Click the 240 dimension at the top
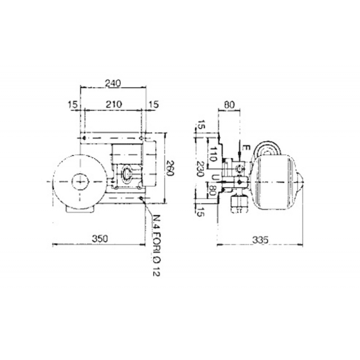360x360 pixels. pyautogui.click(x=113, y=83)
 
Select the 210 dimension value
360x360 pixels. pyautogui.click(x=113, y=104)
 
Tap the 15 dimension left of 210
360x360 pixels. pyautogui.click(x=72, y=104)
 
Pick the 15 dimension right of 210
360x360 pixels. pyautogui.click(x=153, y=104)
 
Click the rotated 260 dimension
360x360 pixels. pyautogui.click(x=170, y=168)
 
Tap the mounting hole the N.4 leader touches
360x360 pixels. pyautogui.click(x=142, y=198)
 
